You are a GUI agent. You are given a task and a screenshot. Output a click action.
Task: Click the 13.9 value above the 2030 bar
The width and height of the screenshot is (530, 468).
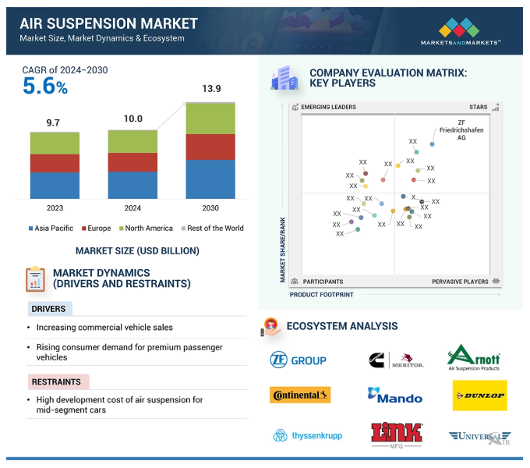[x=211, y=90]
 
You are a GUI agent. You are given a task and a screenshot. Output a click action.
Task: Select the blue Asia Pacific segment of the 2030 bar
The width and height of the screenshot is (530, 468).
[x=210, y=179]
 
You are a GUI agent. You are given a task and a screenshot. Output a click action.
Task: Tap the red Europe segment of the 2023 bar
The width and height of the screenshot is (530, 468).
[x=55, y=163]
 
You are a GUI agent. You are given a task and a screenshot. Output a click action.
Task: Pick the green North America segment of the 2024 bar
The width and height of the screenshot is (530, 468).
[x=132, y=141]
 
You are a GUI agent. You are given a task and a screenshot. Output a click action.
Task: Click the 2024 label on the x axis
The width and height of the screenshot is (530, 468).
[x=132, y=208]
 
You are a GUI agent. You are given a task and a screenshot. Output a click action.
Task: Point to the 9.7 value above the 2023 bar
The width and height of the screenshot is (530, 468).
[x=55, y=122]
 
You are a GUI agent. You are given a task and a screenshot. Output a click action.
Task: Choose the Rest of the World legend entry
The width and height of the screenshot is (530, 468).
[x=212, y=229]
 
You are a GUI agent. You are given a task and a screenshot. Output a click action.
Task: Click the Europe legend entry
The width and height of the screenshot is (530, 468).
[x=94, y=229]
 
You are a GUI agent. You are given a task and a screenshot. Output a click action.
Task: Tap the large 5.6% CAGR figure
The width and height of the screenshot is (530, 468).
[x=44, y=87]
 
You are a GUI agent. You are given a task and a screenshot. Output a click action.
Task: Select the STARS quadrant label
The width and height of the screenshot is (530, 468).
[x=478, y=107]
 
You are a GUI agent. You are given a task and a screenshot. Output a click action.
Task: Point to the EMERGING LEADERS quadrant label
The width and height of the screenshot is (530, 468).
[x=328, y=107]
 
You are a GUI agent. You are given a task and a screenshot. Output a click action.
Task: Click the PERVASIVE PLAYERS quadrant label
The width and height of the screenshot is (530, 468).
[x=460, y=282]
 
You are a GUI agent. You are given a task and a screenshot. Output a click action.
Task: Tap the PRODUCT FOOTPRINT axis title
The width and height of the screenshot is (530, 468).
[x=321, y=295]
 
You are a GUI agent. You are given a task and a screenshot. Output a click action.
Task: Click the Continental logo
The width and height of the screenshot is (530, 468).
[x=300, y=395]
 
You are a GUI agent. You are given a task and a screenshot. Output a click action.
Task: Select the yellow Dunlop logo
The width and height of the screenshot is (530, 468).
[x=479, y=395]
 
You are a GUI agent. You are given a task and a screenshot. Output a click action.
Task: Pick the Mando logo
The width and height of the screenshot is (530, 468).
[x=395, y=395]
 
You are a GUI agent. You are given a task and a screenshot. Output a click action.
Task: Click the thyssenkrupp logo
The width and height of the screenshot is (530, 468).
[x=307, y=435]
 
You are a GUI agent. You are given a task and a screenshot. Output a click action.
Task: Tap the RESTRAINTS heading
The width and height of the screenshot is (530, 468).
[x=56, y=382]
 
